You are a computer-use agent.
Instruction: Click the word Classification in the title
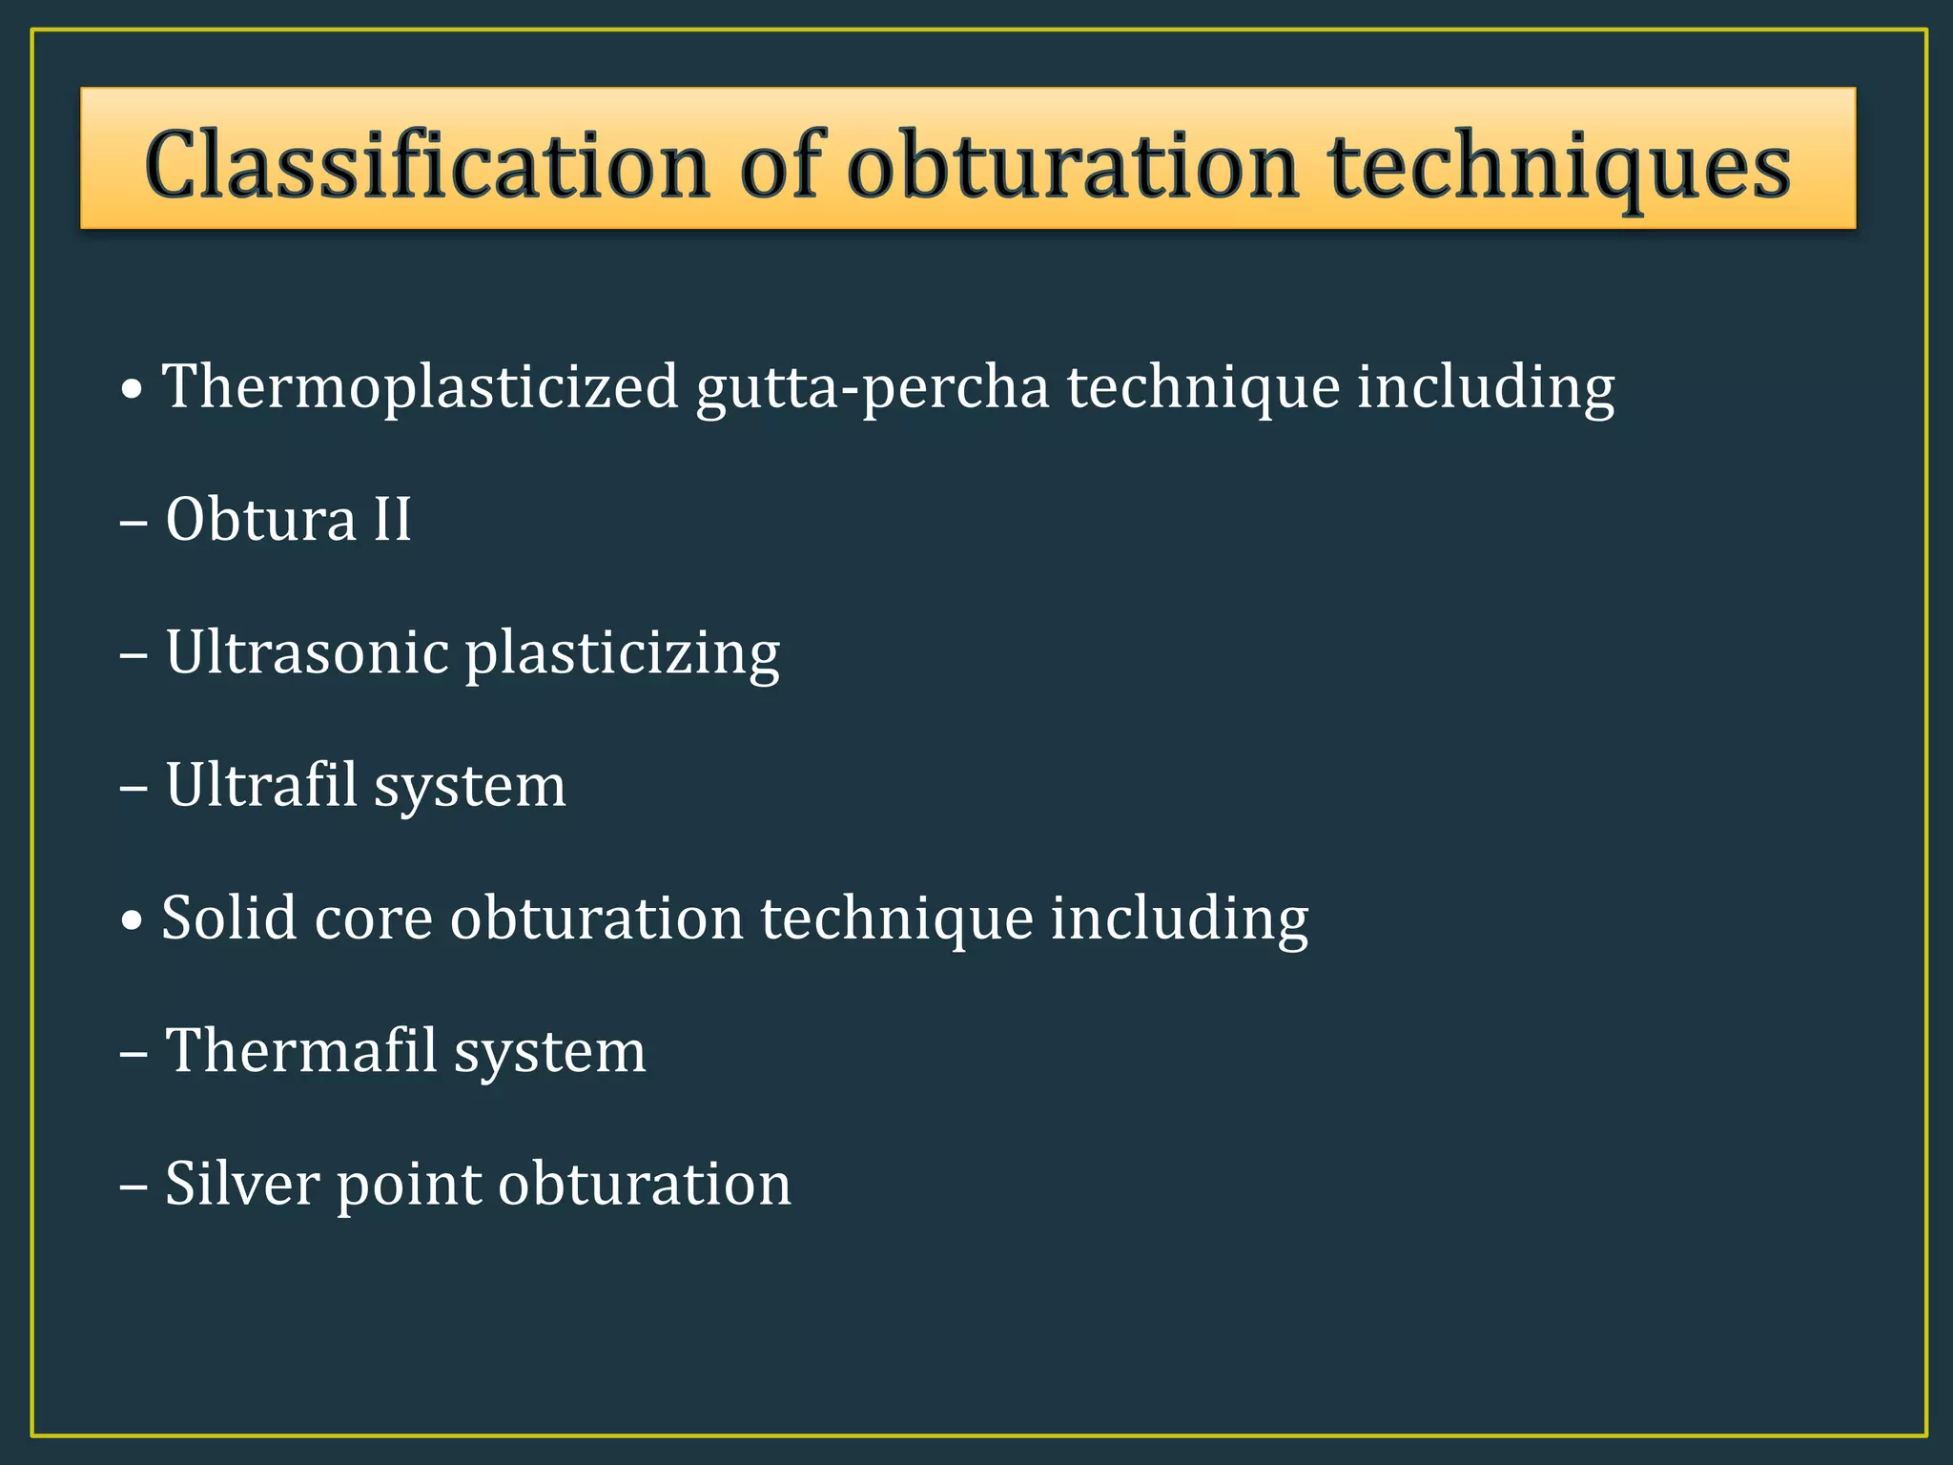tap(427, 164)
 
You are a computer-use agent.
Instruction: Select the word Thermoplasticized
tap(420, 387)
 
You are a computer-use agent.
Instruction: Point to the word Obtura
tap(260, 520)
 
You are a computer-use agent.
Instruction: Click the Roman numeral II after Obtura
tap(392, 520)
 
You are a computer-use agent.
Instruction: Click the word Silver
tap(242, 1184)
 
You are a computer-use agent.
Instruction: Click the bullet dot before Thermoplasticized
tap(134, 390)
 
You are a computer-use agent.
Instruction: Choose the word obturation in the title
tap(1072, 166)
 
